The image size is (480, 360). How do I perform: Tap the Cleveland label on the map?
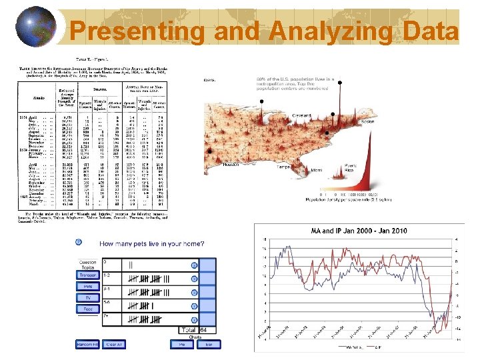pos(303,115)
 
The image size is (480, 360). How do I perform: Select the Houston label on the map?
pos(231,164)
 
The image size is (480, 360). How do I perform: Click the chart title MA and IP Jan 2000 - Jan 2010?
pos(359,230)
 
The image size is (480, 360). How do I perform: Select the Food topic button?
pos(88,309)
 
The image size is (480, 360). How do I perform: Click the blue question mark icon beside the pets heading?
pos(79,242)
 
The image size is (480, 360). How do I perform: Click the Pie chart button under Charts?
pos(180,345)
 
